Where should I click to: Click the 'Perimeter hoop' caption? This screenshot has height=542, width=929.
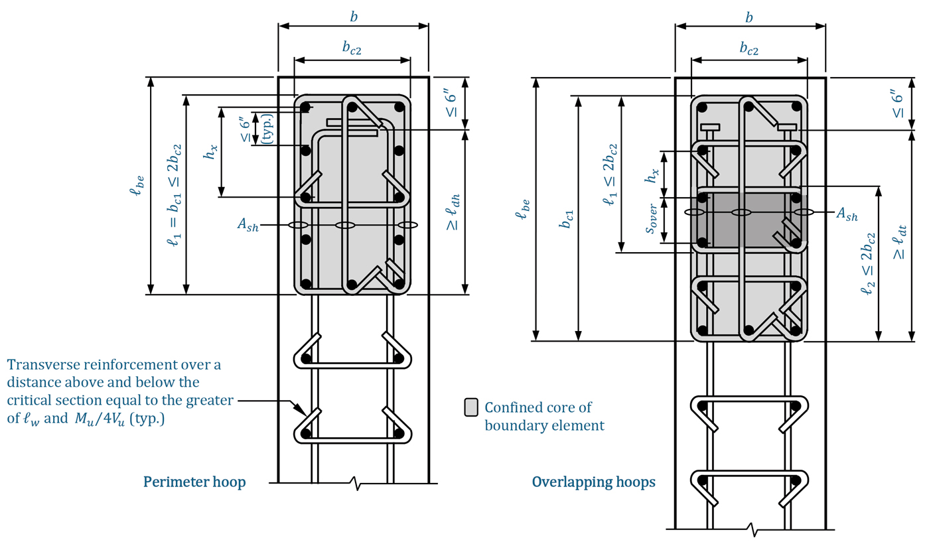[x=194, y=482]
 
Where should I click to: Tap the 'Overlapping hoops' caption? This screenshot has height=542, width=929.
[x=593, y=482]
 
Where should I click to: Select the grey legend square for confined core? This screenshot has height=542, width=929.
[x=470, y=407]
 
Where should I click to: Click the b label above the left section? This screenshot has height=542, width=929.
[x=354, y=17]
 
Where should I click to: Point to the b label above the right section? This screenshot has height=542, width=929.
[x=749, y=17]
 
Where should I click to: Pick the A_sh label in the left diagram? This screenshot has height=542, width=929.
[x=248, y=225]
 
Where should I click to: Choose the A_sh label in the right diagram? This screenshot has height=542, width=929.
[x=847, y=214]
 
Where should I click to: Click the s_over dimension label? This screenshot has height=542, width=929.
[x=651, y=219]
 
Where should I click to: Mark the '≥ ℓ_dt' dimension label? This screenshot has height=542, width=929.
[x=899, y=243]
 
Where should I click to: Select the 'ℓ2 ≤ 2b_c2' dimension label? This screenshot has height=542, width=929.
[x=868, y=264]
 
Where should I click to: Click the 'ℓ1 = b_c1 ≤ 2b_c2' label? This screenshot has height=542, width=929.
[x=174, y=195]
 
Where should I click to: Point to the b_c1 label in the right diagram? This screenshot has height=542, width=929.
[x=567, y=219]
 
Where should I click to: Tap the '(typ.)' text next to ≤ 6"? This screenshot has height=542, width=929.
[x=268, y=129]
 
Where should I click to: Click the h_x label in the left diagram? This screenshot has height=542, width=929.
[x=210, y=152]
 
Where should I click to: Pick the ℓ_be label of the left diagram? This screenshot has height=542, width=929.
[x=137, y=185]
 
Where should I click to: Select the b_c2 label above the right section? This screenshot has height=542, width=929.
[x=749, y=49]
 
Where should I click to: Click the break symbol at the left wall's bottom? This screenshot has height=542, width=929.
[x=354, y=483]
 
